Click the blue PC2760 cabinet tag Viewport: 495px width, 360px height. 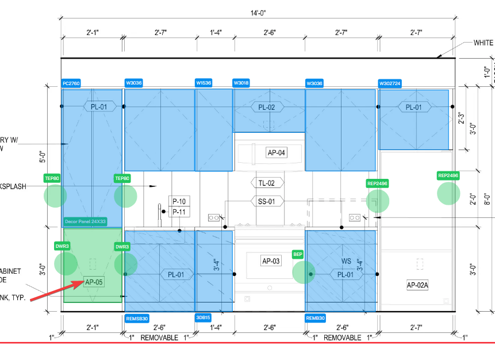pyautogui.click(x=71, y=83)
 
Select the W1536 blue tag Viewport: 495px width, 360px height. pyautogui.click(x=204, y=83)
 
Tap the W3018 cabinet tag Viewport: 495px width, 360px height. pyautogui.click(x=241, y=83)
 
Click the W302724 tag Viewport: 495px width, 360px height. pyautogui.click(x=390, y=83)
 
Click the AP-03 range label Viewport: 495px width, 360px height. pyautogui.click(x=271, y=261)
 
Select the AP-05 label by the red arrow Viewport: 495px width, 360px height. pyautogui.click(x=94, y=282)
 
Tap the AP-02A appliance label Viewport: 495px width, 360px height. pyautogui.click(x=417, y=285)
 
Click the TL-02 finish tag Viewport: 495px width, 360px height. pyautogui.click(x=266, y=183)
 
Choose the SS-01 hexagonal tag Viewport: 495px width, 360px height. pyautogui.click(x=266, y=201)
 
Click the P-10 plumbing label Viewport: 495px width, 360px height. pyautogui.click(x=179, y=201)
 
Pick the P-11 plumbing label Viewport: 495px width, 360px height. pyautogui.click(x=179, y=212)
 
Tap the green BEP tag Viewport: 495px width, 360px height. pyautogui.click(x=298, y=254)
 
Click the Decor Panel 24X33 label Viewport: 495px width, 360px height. pyautogui.click(x=86, y=221)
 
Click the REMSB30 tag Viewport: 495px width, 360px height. pyautogui.click(x=137, y=317)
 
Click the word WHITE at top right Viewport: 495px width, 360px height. pyautogui.click(x=484, y=43)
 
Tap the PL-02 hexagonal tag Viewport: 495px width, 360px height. pyautogui.click(x=267, y=107)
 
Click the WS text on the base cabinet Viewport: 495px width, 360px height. pyautogui.click(x=346, y=261)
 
